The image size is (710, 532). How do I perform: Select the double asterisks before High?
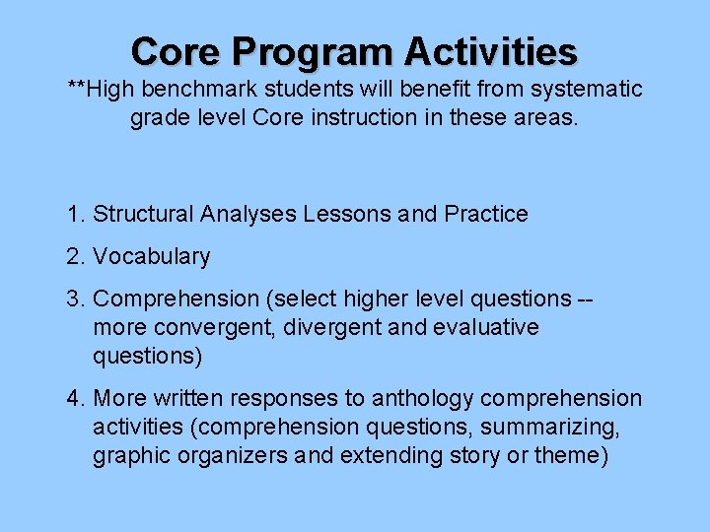pos(76,90)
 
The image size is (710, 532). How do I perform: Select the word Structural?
pos(144,214)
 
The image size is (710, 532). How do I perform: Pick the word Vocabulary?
pos(152,257)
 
